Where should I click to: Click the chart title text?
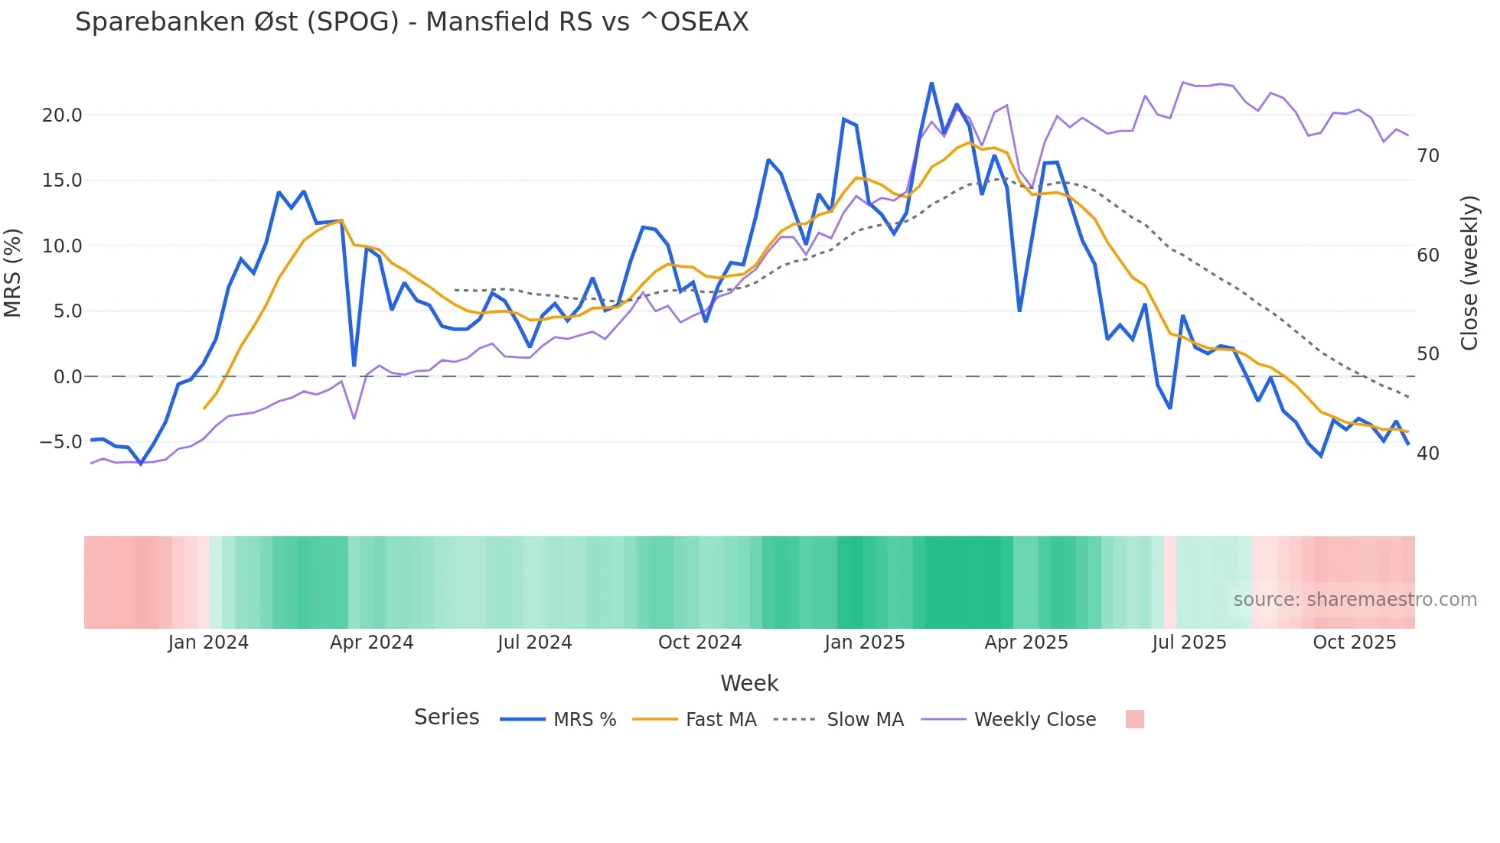tap(412, 22)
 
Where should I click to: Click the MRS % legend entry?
tap(584, 720)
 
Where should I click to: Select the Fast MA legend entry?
tap(720, 720)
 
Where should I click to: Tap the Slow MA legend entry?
tap(865, 720)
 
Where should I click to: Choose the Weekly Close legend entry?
tap(1035, 720)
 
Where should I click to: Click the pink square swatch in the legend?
tap(1135, 719)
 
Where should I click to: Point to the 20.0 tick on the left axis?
tap(62, 116)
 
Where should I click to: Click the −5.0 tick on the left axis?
tap(60, 442)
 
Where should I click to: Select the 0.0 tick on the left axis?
tap(67, 377)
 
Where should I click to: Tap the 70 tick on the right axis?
tap(1428, 156)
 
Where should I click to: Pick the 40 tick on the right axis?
tap(1428, 454)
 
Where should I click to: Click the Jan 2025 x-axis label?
tap(864, 643)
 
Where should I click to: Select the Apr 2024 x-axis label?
tap(371, 643)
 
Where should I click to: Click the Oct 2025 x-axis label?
tap(1354, 643)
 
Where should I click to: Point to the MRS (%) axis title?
tap(13, 272)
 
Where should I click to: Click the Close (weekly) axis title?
tap(1469, 273)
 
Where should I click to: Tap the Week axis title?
tap(749, 683)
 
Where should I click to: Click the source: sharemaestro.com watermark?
tap(1355, 600)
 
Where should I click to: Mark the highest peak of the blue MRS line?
tap(931, 83)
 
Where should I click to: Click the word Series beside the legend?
tap(446, 718)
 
